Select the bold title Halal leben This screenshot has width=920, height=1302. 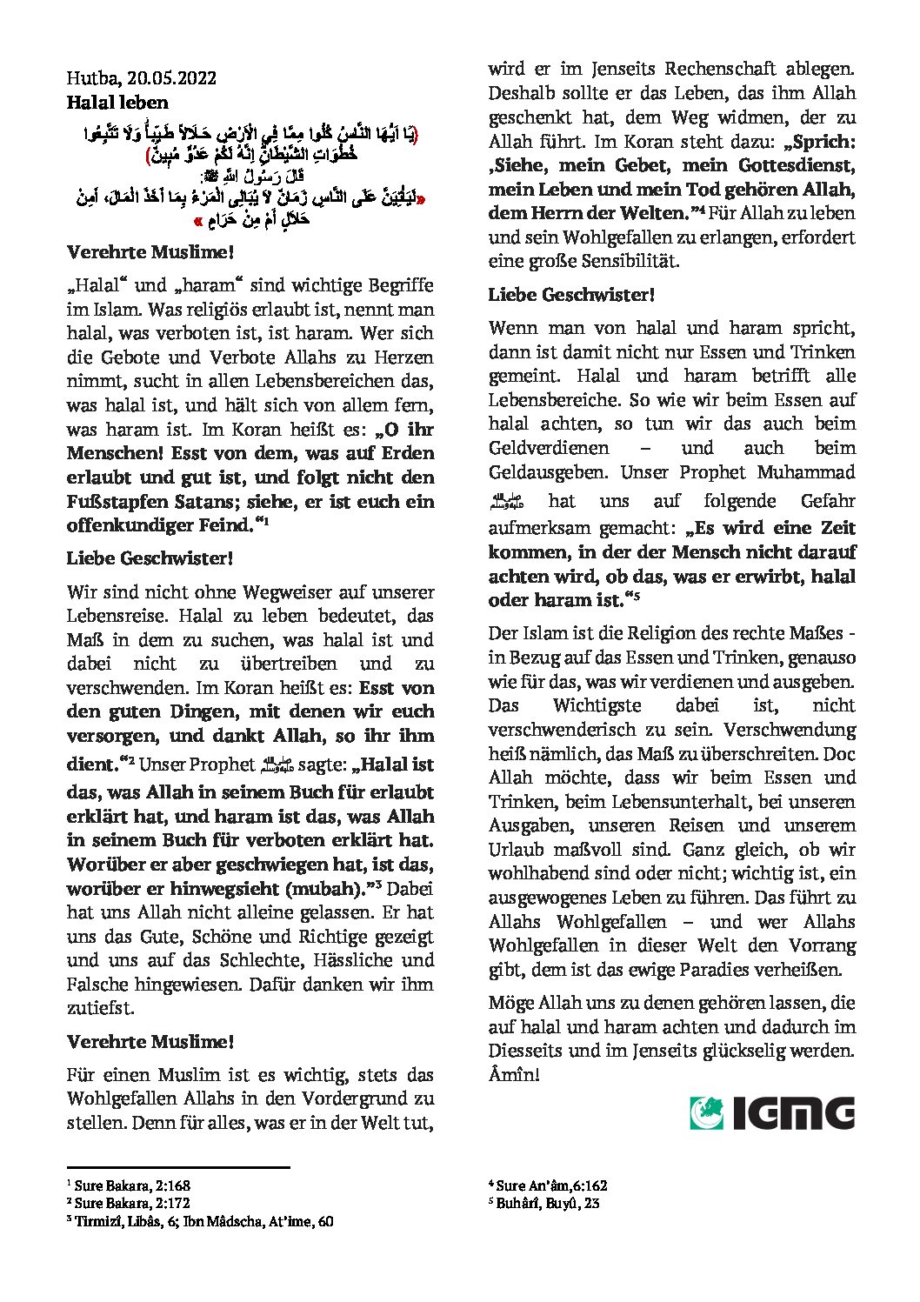pyautogui.click(x=117, y=103)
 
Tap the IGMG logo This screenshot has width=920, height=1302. pyautogui.click(x=772, y=1112)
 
